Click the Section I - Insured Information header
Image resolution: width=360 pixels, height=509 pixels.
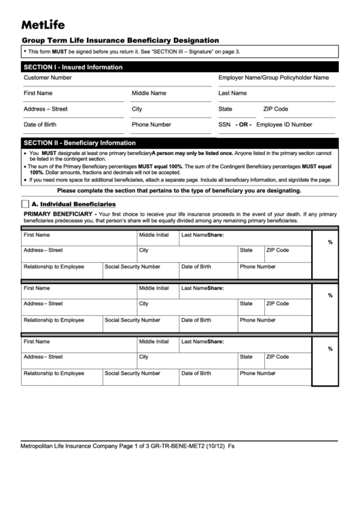coord(73,67)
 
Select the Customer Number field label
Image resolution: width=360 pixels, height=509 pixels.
coord(48,77)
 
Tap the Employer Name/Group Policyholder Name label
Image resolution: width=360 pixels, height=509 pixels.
coord(273,77)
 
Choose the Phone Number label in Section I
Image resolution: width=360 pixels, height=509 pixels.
coord(151,124)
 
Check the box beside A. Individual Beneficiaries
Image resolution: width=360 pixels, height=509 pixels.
coord(25,204)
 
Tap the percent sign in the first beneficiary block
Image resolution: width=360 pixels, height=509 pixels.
coord(330,242)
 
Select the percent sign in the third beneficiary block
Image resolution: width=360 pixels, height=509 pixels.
coord(330,349)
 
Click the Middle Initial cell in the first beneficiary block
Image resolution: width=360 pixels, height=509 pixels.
coord(154,234)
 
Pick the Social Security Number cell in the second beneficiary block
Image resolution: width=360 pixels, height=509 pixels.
coord(132,319)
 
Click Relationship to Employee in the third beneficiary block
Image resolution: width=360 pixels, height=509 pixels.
coord(54,373)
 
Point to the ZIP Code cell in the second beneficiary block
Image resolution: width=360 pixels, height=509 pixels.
coord(277,303)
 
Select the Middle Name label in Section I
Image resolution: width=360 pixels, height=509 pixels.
coord(149,93)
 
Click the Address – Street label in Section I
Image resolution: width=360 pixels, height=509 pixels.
coord(46,109)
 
